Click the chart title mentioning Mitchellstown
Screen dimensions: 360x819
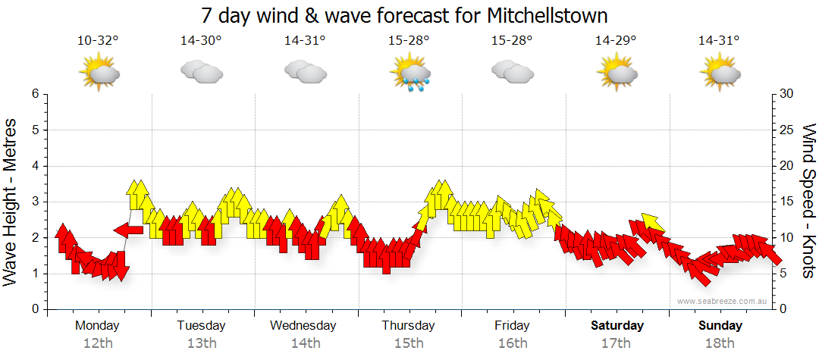coord(405,15)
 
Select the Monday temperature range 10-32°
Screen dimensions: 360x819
coord(98,40)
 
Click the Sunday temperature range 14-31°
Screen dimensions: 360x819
coord(720,40)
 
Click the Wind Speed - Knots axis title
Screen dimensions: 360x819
coord(808,201)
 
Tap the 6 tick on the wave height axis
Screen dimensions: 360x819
coord(34,94)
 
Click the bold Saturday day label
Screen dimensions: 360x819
coord(617,326)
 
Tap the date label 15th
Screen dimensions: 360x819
coord(409,343)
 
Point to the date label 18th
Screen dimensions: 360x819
coord(720,343)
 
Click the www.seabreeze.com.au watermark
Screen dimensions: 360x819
coord(724,301)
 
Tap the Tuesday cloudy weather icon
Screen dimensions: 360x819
coord(201,73)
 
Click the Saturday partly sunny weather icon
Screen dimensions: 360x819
coord(617,73)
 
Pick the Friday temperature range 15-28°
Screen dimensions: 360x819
coord(513,40)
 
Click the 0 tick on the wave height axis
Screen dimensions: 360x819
coord(34,309)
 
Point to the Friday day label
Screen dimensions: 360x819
coord(513,326)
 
